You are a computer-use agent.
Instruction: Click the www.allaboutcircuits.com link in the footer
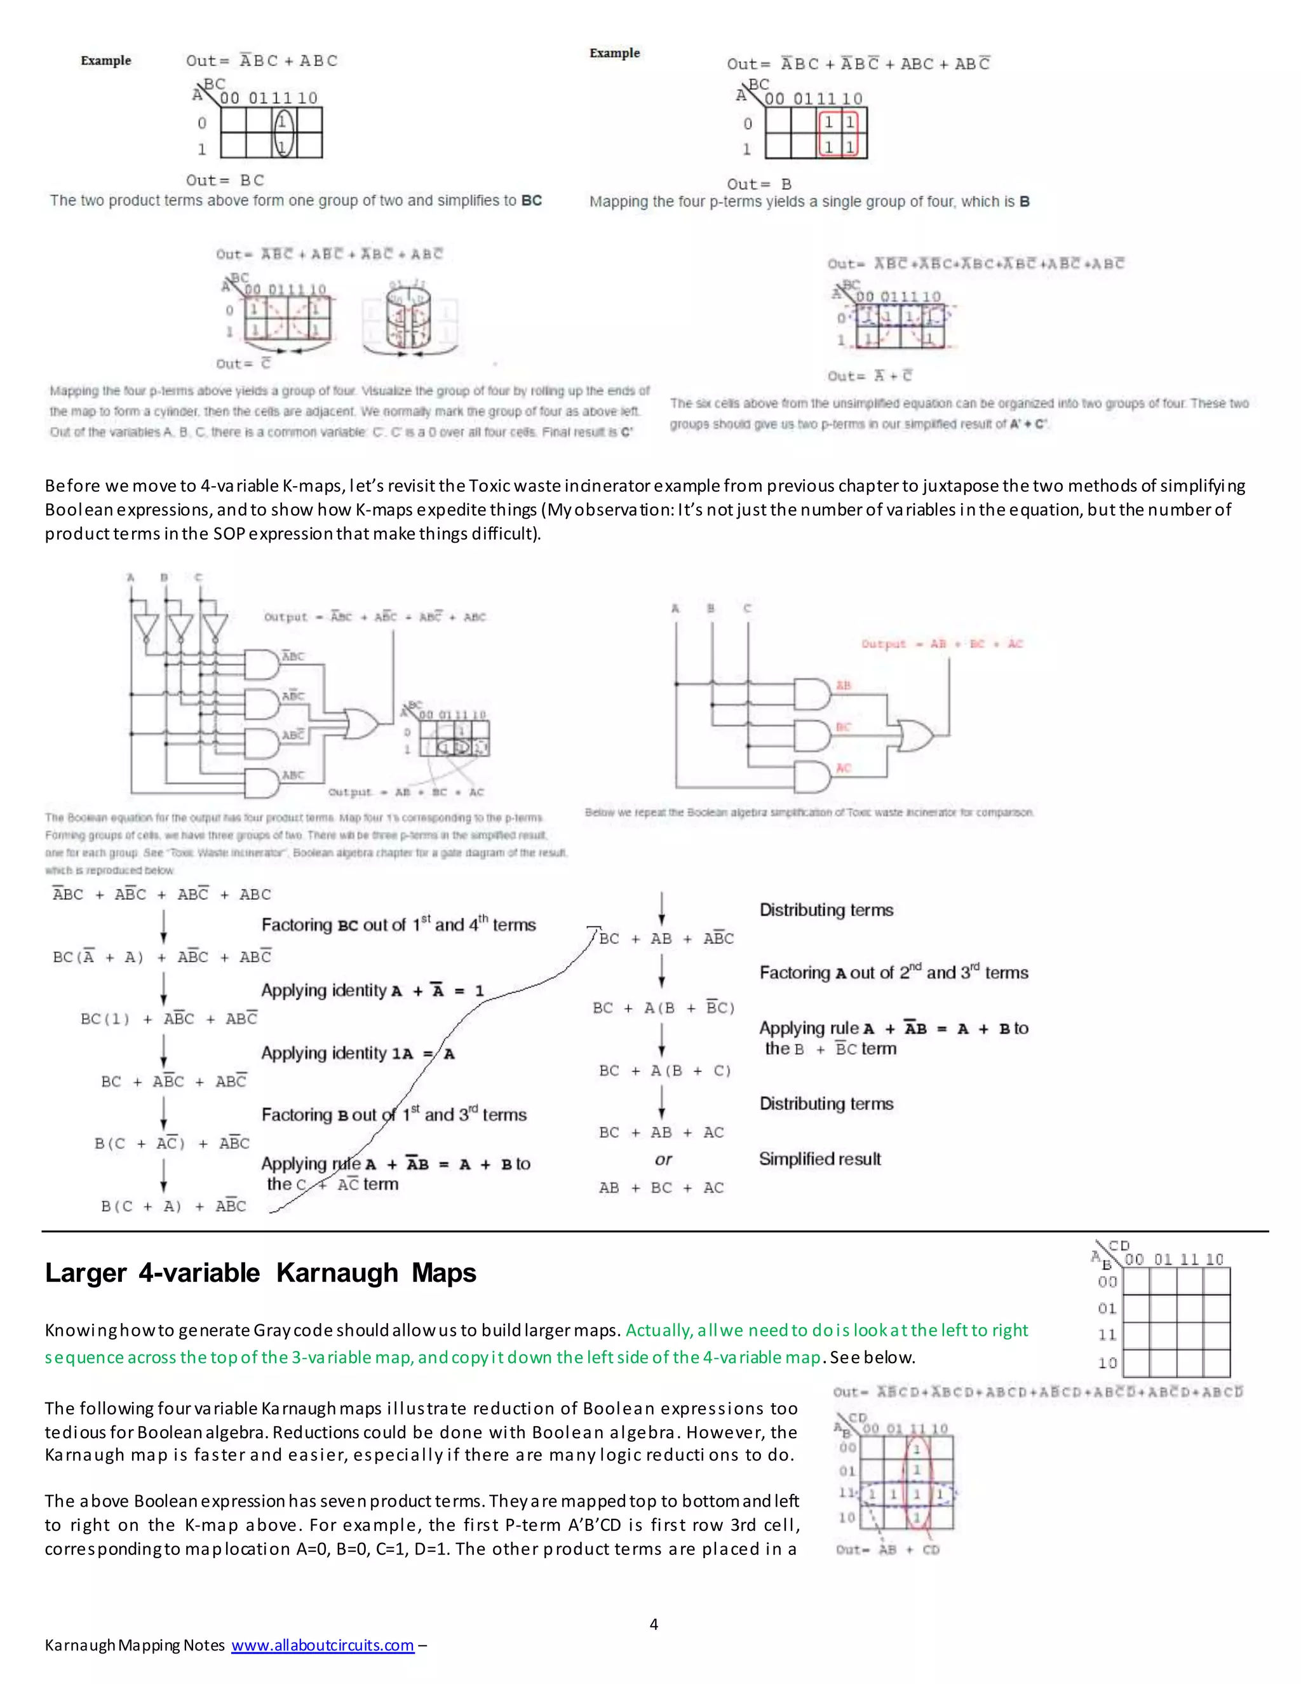tap(322, 1645)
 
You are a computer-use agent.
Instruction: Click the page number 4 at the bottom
tap(654, 1624)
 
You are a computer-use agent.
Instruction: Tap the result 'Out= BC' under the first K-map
tap(225, 180)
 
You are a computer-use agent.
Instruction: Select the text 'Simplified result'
tap(819, 1159)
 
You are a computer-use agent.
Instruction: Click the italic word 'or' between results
tap(663, 1160)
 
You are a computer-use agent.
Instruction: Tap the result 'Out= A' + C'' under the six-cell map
tap(870, 376)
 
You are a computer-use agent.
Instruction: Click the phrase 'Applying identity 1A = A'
tap(358, 1053)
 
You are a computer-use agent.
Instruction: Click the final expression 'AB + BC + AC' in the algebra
tap(661, 1188)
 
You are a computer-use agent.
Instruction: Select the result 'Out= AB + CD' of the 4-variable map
tap(887, 1550)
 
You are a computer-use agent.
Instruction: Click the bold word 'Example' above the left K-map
tap(105, 61)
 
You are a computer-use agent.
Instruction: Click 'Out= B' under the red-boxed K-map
tap(758, 184)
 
